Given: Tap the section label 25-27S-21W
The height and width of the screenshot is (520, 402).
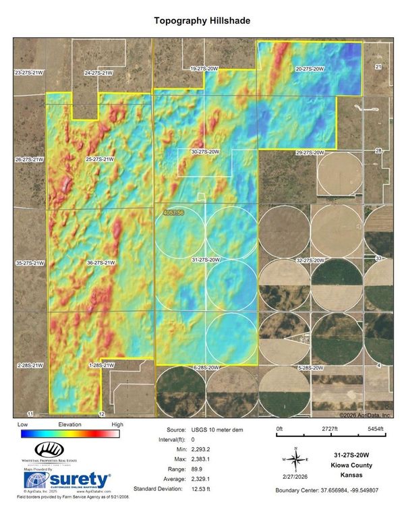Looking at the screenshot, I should [100, 159].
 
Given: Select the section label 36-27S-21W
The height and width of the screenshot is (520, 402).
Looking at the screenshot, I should [101, 262].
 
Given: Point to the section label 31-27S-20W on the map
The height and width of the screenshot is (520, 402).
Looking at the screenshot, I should [205, 259].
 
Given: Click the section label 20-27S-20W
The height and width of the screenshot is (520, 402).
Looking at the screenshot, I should [310, 69].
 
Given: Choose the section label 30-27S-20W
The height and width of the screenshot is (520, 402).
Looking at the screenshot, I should [205, 152].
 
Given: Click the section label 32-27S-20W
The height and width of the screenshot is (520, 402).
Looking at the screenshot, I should [310, 260].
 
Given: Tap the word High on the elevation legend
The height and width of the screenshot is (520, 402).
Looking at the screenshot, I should [117, 424].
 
